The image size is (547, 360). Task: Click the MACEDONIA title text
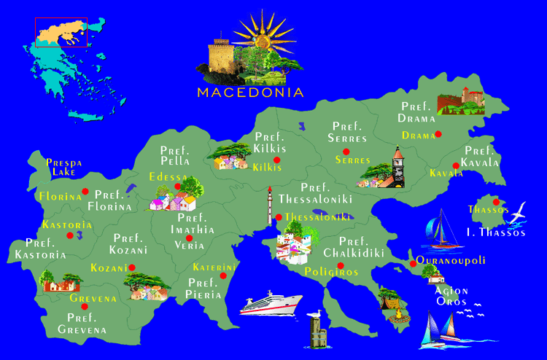250,93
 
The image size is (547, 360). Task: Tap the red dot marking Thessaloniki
278,217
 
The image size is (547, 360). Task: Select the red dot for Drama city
438,134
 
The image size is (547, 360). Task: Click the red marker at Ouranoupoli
412,263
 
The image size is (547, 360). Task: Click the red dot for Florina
85,192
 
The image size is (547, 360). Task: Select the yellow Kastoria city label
67,224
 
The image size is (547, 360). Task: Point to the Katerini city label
215,267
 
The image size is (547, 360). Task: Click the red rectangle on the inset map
61,32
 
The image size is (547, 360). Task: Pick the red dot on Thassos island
496,203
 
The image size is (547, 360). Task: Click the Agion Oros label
452,296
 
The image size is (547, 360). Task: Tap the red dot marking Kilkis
276,160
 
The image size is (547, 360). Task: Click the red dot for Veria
190,238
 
